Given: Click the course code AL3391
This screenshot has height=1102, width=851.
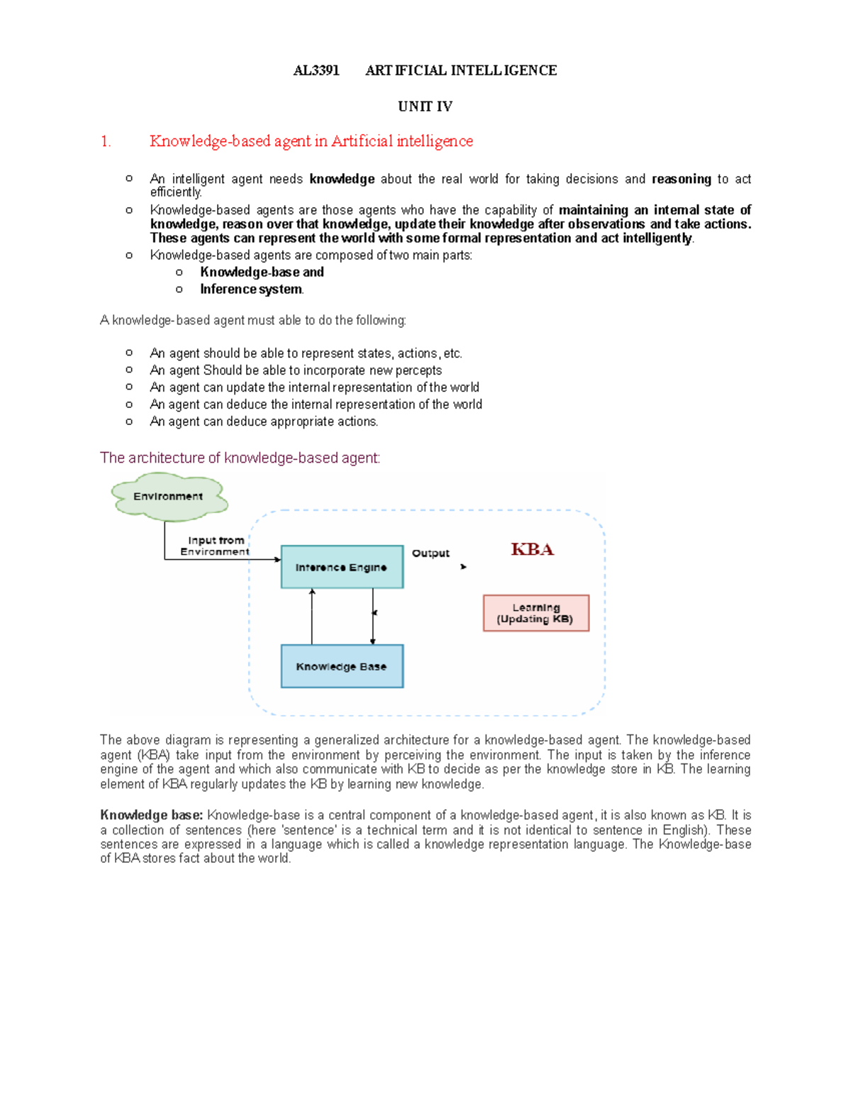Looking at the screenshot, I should [316, 70].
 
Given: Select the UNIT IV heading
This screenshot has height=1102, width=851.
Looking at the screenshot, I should [425, 106].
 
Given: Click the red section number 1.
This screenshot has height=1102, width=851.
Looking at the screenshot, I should [106, 141].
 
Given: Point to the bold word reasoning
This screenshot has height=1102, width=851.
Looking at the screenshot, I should [681, 179].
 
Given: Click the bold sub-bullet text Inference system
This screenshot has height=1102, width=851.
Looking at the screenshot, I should [251, 290].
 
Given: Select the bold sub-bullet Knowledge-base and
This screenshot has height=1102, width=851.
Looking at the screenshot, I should [262, 272].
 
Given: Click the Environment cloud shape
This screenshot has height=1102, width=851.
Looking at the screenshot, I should [169, 497].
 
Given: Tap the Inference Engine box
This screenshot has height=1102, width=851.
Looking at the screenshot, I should [342, 567].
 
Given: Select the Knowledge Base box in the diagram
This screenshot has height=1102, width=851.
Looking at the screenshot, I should [342, 666].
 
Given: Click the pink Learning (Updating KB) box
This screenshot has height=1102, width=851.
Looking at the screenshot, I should [535, 613].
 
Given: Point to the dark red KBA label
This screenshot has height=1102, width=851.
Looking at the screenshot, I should [532, 549].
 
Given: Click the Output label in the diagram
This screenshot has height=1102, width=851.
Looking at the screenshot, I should [430, 553].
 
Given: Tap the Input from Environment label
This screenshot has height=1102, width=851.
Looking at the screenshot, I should [215, 546].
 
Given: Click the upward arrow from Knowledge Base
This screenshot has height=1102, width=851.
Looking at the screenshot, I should [312, 616].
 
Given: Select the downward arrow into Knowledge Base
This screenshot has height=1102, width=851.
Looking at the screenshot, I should [373, 616].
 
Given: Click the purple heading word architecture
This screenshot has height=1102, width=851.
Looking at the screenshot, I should [165, 458].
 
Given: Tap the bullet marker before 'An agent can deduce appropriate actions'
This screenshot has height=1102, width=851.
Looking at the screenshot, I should [129, 421].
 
